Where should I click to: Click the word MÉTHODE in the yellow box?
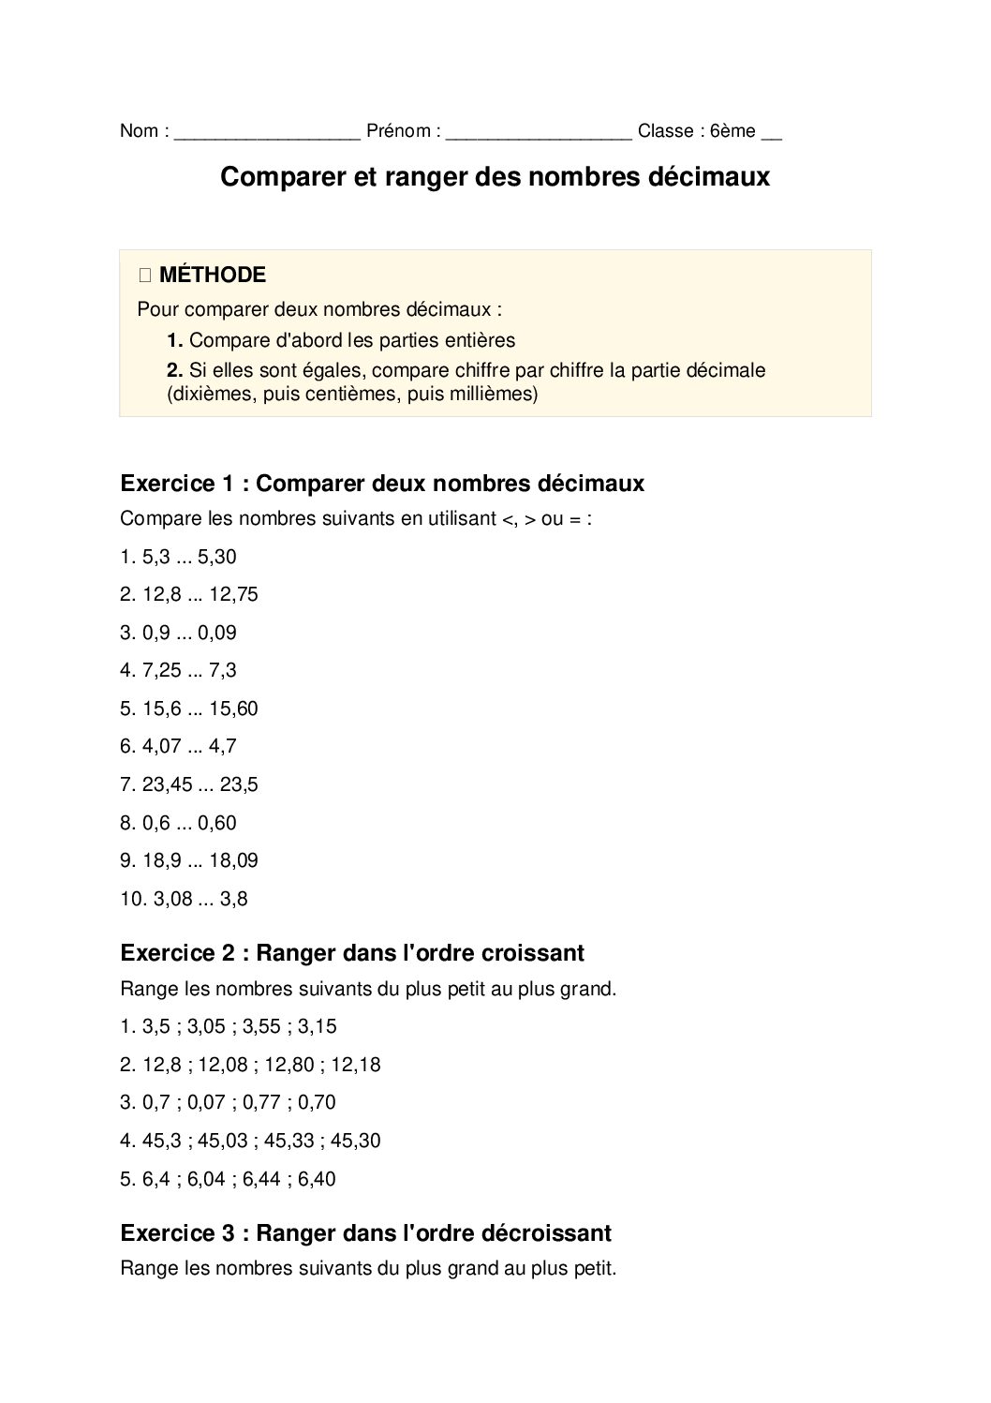click(x=213, y=275)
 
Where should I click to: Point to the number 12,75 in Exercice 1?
click(x=233, y=594)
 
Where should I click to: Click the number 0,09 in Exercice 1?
click(x=217, y=633)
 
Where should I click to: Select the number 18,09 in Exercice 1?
click(x=233, y=860)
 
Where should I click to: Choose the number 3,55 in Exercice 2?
click(x=261, y=1026)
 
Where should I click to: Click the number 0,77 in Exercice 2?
click(x=261, y=1102)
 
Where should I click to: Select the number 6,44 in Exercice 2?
click(x=261, y=1179)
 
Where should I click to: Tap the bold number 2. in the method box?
click(x=174, y=370)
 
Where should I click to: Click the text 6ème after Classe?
click(x=732, y=131)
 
